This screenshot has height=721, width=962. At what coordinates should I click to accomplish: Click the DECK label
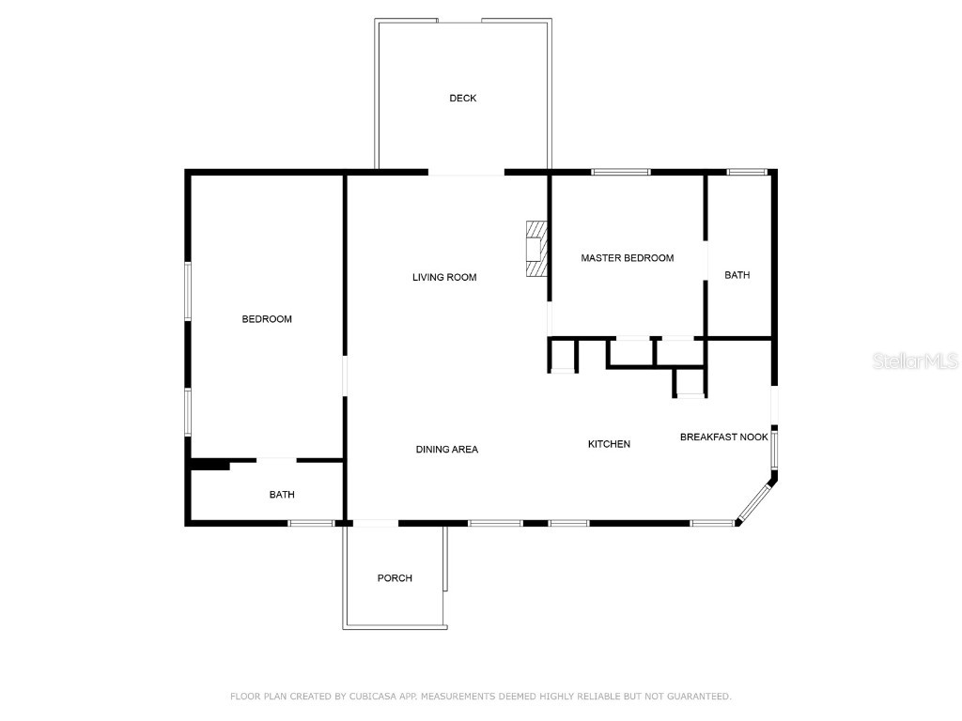click(x=462, y=99)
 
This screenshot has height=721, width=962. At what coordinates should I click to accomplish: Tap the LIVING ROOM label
click(x=444, y=277)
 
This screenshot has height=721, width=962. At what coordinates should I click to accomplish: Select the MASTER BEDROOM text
click(x=627, y=258)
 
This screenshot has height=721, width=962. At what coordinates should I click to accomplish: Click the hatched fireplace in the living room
click(x=535, y=249)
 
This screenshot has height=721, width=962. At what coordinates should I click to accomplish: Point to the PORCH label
click(x=395, y=578)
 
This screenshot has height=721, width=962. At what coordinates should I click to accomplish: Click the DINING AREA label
click(x=446, y=450)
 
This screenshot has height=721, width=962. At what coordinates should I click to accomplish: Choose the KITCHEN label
click(x=609, y=444)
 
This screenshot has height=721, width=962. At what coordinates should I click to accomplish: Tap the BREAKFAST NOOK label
click(x=723, y=437)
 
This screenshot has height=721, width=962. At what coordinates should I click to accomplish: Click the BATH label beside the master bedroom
click(x=737, y=275)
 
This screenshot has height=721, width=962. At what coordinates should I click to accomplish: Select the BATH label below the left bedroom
click(x=282, y=495)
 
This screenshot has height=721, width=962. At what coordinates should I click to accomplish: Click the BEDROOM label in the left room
click(x=267, y=319)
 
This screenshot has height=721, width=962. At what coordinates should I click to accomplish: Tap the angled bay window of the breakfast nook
click(x=754, y=502)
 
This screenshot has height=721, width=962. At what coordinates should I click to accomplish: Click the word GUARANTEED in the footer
click(x=697, y=697)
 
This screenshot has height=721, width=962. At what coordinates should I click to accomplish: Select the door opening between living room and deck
click(x=466, y=174)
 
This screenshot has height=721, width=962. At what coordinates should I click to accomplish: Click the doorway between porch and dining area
click(x=374, y=523)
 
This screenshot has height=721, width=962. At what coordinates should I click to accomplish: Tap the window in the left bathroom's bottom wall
click(x=310, y=523)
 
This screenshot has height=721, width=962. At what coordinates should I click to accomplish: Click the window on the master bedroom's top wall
click(x=620, y=172)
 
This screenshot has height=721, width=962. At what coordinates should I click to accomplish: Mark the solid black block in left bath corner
click(x=210, y=464)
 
